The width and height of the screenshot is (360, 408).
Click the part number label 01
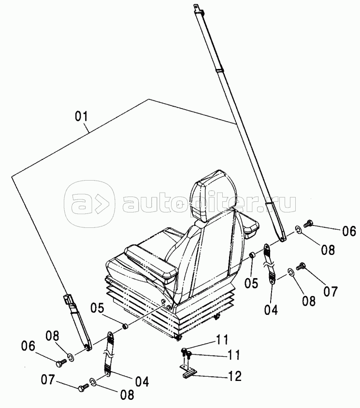coord(81,117)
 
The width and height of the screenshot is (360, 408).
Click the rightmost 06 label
coord(349,231)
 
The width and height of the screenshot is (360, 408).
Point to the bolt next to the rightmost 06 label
coord(310,224)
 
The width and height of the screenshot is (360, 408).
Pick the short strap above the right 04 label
coord(269,265)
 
